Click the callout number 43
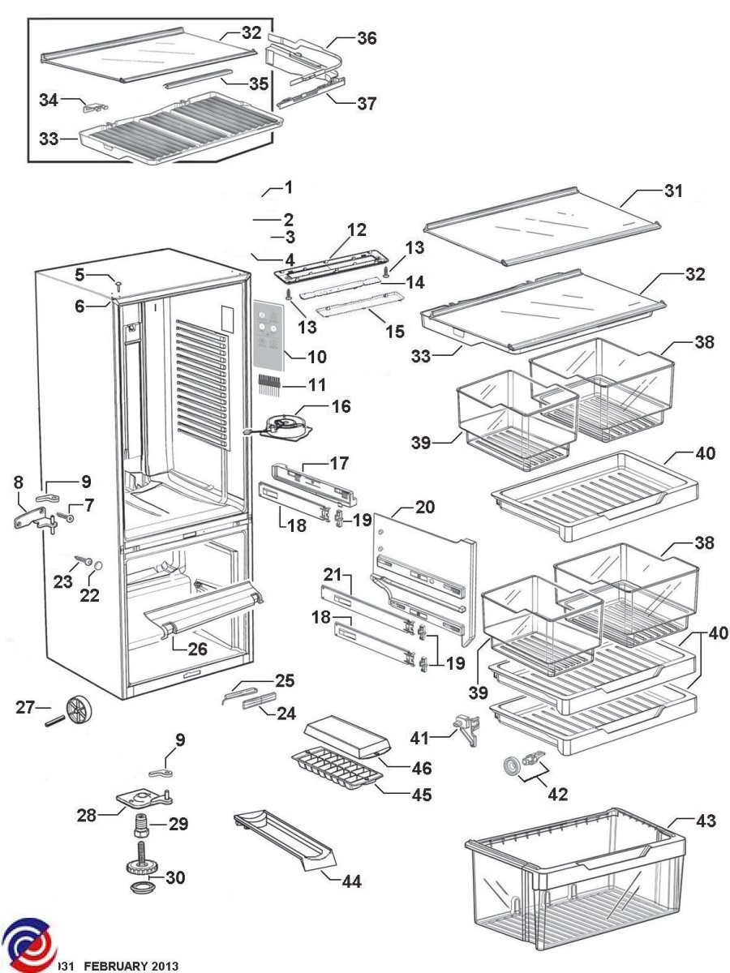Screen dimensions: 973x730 (x=706, y=821)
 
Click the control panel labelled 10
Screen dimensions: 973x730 (x=269, y=334)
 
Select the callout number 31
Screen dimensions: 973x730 (x=673, y=191)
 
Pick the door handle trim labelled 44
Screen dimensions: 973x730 (x=284, y=843)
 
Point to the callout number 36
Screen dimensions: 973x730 (x=367, y=38)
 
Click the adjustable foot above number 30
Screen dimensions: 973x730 (x=143, y=859)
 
